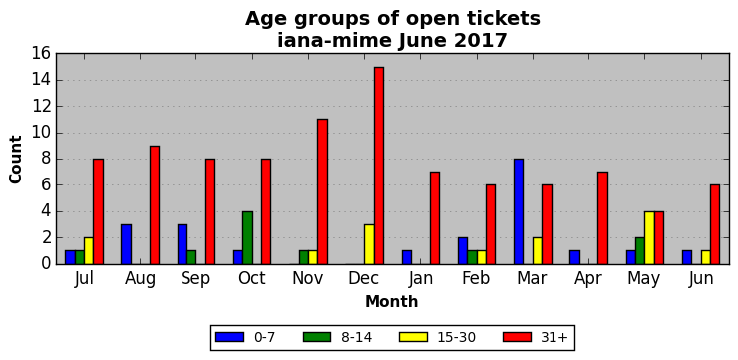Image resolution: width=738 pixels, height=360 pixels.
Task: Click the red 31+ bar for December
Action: click(x=379, y=166)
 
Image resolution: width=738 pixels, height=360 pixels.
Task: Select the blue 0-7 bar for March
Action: click(x=519, y=211)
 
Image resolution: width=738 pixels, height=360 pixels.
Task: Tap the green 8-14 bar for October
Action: click(x=247, y=238)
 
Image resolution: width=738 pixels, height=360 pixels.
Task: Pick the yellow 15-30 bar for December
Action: click(x=369, y=244)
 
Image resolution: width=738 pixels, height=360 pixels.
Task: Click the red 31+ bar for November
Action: click(x=322, y=192)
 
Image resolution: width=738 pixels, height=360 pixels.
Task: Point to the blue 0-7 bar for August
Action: click(x=126, y=244)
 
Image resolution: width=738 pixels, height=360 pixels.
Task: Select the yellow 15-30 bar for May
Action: click(x=649, y=238)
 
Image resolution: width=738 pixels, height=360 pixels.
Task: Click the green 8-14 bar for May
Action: click(x=640, y=251)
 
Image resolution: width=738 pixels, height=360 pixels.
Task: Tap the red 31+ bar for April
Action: click(x=603, y=218)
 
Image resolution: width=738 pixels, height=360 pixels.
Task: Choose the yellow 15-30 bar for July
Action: click(x=89, y=251)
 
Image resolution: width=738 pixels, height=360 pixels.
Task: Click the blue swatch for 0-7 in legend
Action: click(x=229, y=337)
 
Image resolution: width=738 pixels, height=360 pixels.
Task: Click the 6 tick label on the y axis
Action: click(x=45, y=185)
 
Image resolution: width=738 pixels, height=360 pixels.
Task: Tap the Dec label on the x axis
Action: click(x=364, y=278)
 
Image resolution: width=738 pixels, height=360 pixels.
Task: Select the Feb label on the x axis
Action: click(x=476, y=278)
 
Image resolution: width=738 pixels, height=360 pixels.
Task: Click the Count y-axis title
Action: click(x=16, y=160)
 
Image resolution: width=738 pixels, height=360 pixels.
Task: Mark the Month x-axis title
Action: click(x=392, y=301)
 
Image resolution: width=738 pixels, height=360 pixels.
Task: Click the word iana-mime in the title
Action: click(x=334, y=41)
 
